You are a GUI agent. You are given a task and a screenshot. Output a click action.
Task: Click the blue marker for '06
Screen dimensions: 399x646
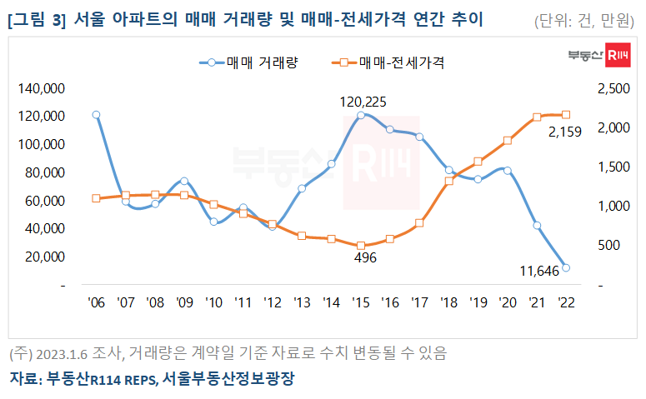[x=96, y=115]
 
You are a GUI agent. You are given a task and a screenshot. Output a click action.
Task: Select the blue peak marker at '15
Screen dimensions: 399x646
[x=360, y=115]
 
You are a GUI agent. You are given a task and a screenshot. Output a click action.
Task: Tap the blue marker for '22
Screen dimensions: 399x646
[x=566, y=267]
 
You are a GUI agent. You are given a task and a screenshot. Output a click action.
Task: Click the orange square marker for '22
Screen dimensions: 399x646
[x=566, y=114]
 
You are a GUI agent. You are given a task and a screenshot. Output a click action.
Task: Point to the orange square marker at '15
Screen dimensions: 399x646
[x=360, y=246]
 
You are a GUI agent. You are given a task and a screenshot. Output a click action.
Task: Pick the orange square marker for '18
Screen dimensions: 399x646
[x=448, y=181]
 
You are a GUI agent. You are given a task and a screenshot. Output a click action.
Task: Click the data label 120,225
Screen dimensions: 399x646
[x=363, y=101]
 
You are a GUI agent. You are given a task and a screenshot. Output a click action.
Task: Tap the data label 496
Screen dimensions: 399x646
[x=365, y=258]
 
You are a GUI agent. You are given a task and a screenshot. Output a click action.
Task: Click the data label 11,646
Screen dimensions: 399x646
[x=533, y=269]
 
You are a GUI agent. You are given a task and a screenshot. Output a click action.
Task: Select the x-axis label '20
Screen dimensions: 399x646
[x=507, y=303]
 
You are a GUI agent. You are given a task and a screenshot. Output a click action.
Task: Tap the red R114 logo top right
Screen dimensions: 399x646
[x=617, y=56]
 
